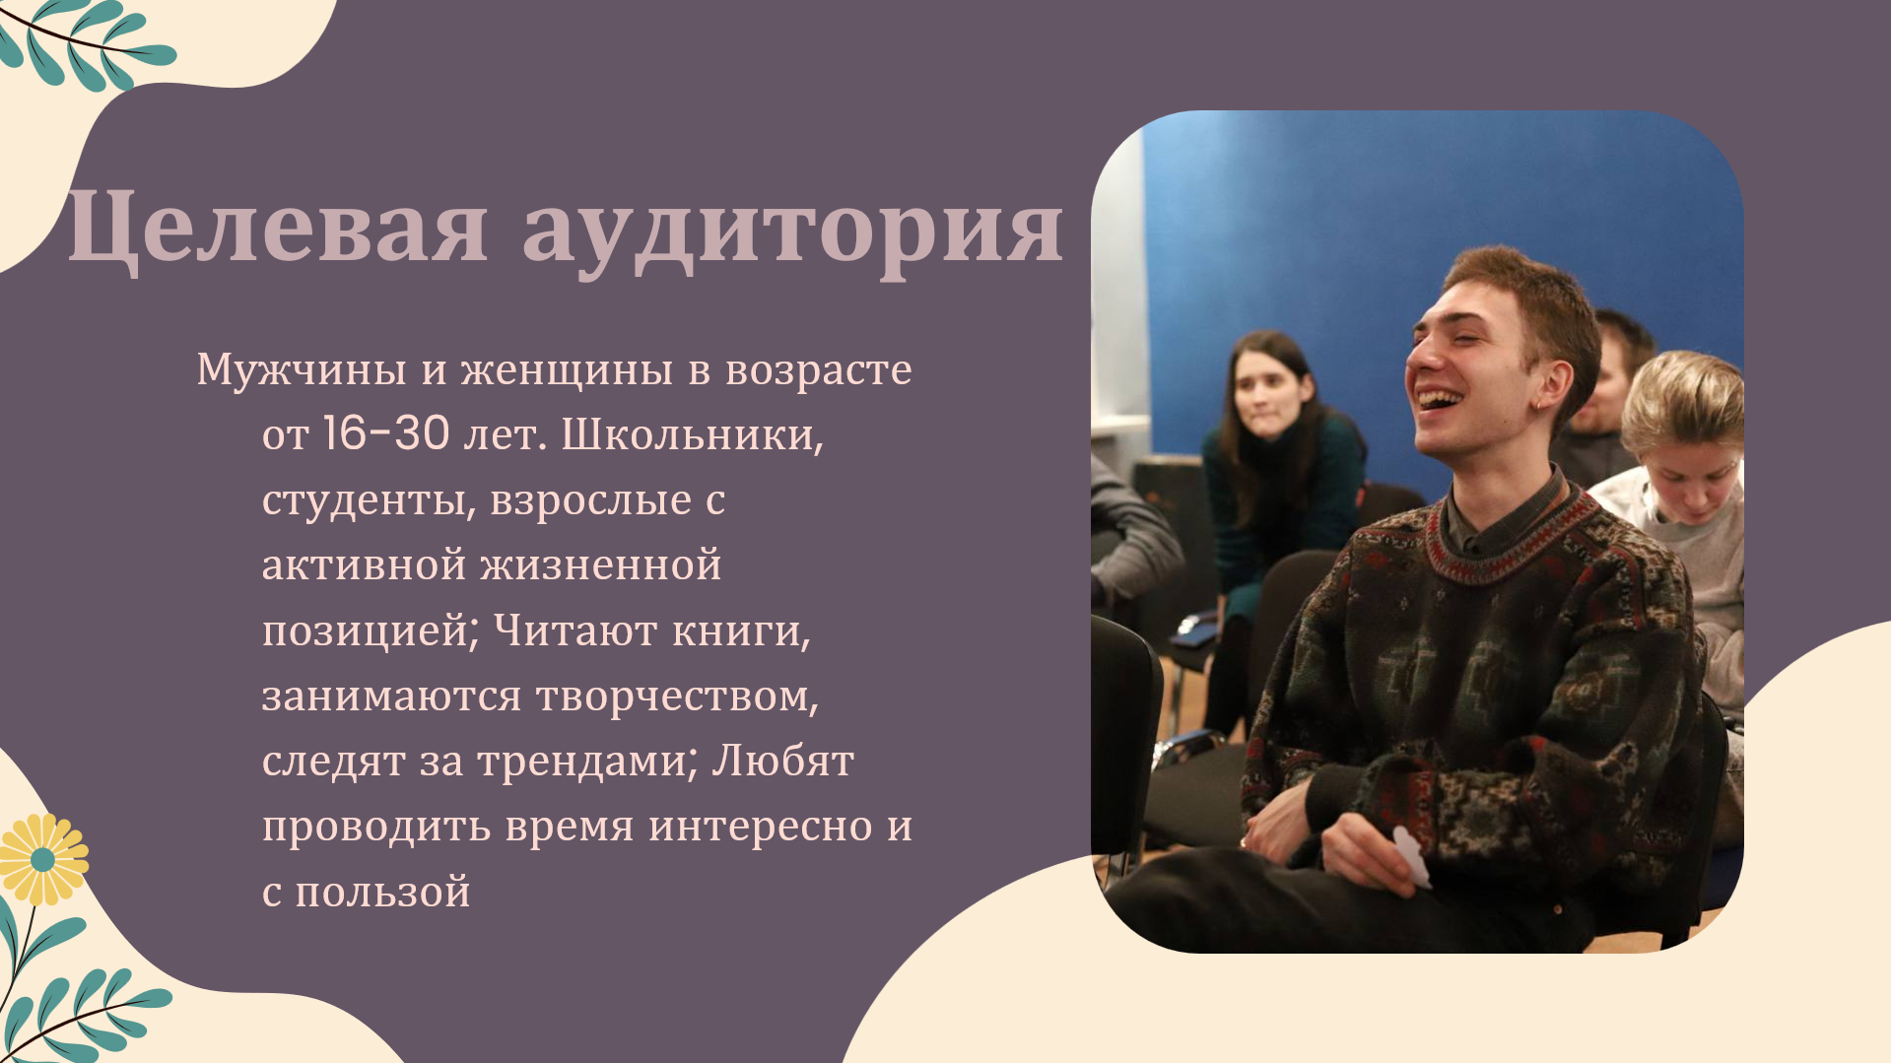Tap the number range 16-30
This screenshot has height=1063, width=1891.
click(386, 434)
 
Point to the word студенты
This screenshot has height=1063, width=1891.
click(364, 500)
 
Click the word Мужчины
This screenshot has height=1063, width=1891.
click(302, 370)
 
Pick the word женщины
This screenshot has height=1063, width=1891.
click(567, 370)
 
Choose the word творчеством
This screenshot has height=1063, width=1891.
click(677, 697)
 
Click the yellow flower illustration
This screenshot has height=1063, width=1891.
click(41, 859)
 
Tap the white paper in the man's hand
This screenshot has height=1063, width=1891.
click(1411, 856)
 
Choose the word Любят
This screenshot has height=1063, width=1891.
click(782, 762)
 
